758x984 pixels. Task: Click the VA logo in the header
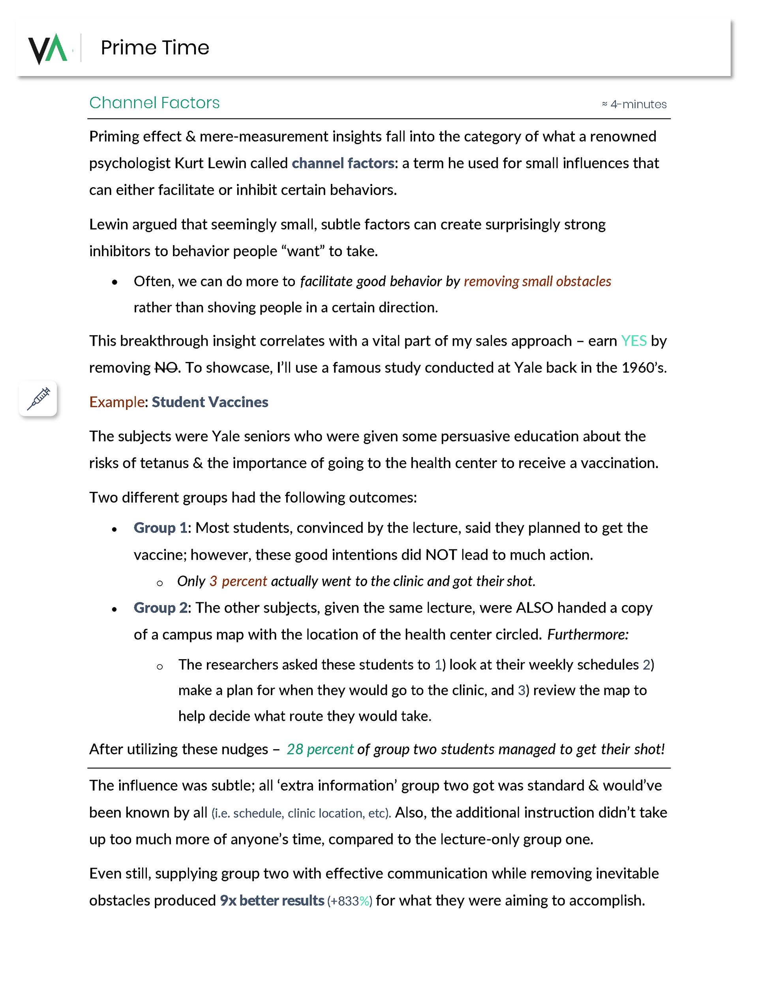point(47,48)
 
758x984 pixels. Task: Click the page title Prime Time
point(155,48)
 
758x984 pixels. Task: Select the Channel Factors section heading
point(154,103)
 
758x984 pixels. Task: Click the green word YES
point(633,341)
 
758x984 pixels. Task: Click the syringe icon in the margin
point(38,398)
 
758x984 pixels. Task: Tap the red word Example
point(117,402)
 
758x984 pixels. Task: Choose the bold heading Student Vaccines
point(210,402)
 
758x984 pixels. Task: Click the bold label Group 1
point(160,528)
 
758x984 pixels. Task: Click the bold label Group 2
point(160,608)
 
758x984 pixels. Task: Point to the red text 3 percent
point(238,581)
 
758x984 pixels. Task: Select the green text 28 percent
point(319,749)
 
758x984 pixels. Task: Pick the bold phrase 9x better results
point(272,900)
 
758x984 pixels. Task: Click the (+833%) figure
point(349,901)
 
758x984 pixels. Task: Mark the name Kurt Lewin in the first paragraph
point(211,163)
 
